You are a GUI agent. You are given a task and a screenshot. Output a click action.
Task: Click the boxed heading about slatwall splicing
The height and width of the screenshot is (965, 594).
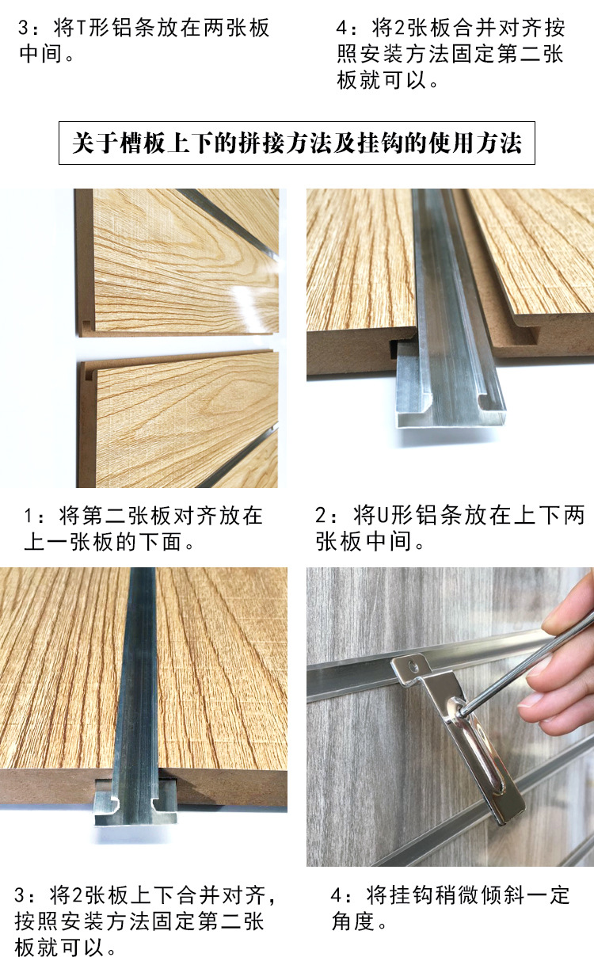297,143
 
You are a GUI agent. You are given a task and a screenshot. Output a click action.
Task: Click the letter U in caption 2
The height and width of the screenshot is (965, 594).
383,516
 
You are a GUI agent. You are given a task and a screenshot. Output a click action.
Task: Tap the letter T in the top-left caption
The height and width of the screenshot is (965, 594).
81,29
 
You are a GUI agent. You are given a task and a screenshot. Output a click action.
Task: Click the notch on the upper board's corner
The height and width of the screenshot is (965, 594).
86,325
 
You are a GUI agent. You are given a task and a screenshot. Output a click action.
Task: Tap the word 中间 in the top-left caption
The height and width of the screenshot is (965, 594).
41,55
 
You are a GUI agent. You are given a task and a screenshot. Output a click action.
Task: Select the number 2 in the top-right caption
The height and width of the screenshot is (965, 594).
400,29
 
